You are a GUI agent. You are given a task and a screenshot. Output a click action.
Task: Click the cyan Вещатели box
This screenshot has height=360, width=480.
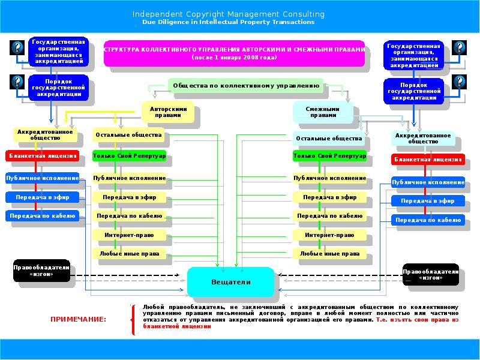click(x=230, y=281)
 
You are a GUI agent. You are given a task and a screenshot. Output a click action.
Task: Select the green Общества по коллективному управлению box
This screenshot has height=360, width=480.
click(x=245, y=85)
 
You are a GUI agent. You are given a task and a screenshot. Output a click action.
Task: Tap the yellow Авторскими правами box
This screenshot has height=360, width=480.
click(x=169, y=112)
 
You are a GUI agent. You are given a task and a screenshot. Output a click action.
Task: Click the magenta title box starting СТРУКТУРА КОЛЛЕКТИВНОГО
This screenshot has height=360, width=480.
click(x=234, y=53)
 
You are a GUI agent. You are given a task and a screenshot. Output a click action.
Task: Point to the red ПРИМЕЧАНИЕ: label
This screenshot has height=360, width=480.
click(x=78, y=319)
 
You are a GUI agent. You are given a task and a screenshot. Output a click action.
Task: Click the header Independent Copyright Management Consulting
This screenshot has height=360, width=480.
click(x=228, y=14)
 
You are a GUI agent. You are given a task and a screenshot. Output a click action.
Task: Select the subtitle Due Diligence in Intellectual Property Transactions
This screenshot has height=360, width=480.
click(x=228, y=22)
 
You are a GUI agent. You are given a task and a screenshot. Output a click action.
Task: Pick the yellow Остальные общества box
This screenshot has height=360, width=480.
click(x=128, y=135)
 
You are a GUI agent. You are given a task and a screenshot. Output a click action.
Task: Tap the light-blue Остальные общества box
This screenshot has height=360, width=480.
click(x=329, y=139)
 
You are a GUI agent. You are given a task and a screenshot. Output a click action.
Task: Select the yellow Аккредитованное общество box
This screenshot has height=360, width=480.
click(x=45, y=134)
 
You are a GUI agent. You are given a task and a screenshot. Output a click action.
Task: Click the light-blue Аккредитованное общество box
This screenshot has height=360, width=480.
click(x=422, y=139)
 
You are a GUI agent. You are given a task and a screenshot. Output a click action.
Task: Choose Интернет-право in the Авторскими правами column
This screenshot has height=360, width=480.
click(x=128, y=235)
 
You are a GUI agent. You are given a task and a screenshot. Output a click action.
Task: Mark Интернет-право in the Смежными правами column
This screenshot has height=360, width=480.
click(x=329, y=235)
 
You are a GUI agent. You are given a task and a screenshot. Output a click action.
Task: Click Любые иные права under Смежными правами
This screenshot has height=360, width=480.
click(x=329, y=254)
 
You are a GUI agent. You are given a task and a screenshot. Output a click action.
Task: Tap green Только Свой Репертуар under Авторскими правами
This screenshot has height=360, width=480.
click(x=129, y=156)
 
